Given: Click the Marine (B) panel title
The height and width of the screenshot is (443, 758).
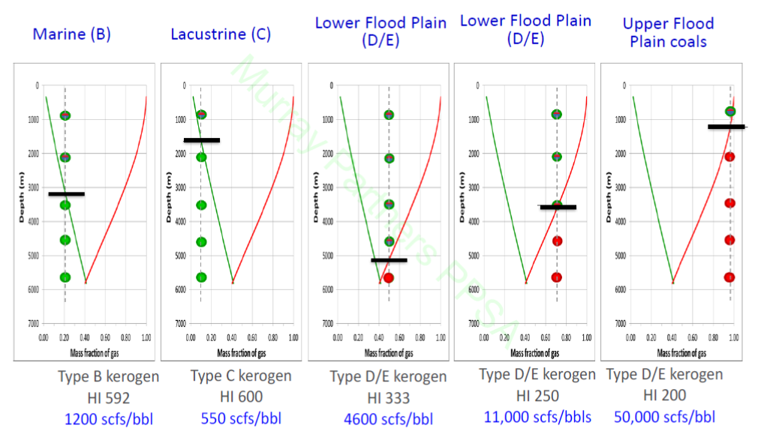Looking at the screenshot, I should (71, 34).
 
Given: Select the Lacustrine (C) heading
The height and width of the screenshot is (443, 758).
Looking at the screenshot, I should (221, 34).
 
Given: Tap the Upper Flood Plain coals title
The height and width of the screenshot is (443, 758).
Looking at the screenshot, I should (668, 32).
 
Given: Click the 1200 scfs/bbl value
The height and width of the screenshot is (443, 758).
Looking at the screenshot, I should (110, 418).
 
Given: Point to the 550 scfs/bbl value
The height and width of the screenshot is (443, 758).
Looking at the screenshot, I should (241, 418).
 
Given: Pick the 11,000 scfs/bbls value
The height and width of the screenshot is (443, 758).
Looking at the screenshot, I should (537, 417).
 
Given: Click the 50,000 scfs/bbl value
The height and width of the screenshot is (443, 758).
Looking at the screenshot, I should (664, 417).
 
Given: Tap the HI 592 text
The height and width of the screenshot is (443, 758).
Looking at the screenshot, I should (109, 397).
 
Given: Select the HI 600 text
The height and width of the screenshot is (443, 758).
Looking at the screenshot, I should (241, 397).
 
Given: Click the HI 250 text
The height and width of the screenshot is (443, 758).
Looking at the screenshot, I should (537, 395).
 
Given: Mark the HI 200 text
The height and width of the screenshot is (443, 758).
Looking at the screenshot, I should (665, 395).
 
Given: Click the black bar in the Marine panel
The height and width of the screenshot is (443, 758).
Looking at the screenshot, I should (67, 194).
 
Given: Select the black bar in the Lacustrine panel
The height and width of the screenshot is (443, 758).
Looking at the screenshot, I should (202, 140).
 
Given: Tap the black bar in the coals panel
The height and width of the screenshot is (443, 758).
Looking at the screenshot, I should (726, 127).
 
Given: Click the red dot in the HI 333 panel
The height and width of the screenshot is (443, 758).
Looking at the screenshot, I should (389, 278).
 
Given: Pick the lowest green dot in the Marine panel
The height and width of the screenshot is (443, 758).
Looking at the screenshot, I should (65, 277).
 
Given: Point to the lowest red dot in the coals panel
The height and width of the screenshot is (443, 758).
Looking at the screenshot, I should (729, 277).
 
